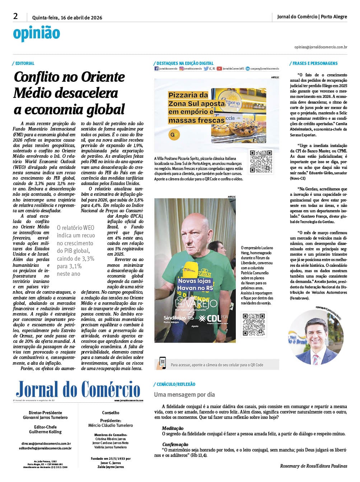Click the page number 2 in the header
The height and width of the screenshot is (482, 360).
[15, 16]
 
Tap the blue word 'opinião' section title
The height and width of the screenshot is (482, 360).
[36, 33]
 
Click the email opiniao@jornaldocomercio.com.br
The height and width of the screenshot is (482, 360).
[321, 47]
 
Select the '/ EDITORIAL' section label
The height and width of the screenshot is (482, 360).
[23, 63]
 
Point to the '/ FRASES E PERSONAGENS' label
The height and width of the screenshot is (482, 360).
[313, 63]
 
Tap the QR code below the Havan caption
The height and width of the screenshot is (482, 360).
[254, 325]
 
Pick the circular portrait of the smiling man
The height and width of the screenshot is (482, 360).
[316, 337]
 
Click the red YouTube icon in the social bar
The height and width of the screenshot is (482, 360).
[219, 68]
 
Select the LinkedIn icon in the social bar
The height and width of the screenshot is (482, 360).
[248, 68]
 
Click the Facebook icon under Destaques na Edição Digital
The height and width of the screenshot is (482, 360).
[156, 68]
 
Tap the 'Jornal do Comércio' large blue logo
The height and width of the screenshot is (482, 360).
[78, 389]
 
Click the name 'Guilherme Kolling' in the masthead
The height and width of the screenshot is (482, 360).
[45, 432]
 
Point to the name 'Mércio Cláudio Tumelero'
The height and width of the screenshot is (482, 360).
[111, 425]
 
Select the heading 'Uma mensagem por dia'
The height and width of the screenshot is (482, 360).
[184, 394]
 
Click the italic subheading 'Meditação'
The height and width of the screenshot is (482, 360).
[173, 428]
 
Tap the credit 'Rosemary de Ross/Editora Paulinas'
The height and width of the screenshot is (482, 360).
[313, 466]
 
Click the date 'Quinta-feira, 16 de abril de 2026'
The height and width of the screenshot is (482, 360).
[67, 18]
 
